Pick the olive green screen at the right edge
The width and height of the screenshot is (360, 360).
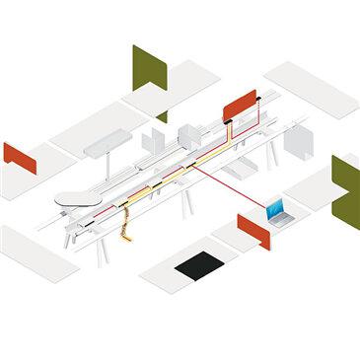[346, 188]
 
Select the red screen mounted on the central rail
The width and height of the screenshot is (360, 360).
[240, 103]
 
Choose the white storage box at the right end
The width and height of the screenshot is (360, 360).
[298, 143]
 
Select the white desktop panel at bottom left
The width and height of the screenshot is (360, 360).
[38, 252]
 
